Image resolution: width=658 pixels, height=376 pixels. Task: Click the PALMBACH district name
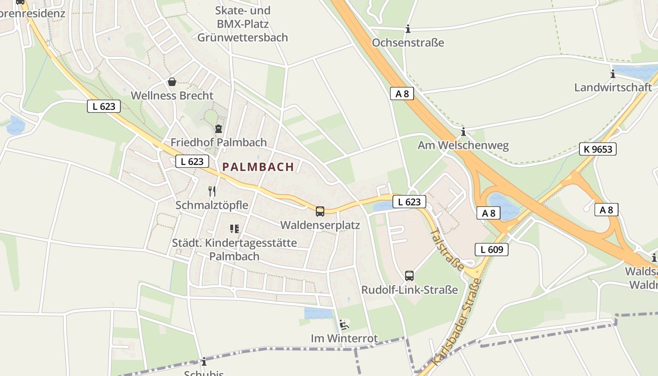click(258, 167)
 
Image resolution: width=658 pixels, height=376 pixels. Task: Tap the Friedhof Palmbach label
click(219, 142)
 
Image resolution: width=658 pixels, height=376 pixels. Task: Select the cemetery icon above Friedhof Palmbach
click(219, 129)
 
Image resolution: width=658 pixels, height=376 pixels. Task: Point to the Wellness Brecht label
click(172, 96)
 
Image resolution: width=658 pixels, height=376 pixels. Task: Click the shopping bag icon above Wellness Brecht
click(172, 82)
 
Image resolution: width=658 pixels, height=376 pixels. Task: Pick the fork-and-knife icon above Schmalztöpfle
click(212, 191)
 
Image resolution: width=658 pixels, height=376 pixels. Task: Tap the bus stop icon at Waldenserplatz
click(320, 211)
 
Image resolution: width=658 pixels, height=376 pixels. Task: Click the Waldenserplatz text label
click(320, 225)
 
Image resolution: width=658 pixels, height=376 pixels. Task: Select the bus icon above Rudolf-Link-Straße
click(409, 276)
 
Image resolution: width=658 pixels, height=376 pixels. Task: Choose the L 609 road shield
click(492, 250)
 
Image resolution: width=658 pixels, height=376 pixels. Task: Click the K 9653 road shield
click(597, 149)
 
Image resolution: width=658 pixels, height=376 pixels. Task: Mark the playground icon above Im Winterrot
click(344, 324)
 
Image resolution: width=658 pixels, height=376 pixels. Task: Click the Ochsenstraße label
click(408, 43)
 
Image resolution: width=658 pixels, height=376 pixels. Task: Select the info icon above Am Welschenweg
click(463, 132)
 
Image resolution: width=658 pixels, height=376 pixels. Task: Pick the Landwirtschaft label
click(613, 87)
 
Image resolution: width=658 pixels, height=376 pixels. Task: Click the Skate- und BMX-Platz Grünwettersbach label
click(243, 24)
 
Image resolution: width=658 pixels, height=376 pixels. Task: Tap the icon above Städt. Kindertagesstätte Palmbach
click(235, 229)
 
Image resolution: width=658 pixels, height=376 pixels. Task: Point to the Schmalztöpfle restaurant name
click(212, 205)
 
